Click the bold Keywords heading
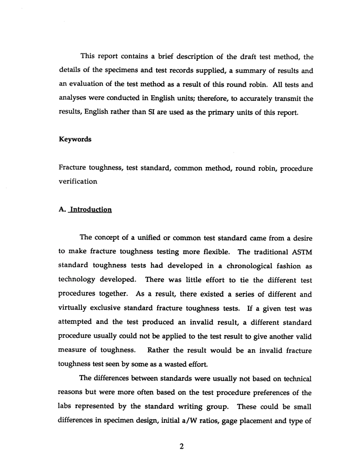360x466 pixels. tap(75, 139)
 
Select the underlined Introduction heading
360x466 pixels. tap(89, 210)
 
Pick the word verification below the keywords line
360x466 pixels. tap(78, 181)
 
